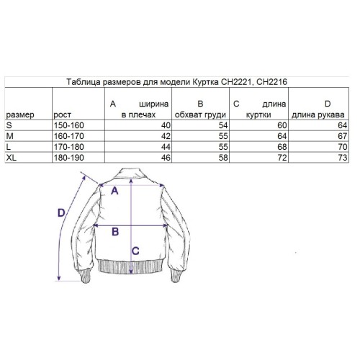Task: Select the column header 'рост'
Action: pos(63,114)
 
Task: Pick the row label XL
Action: pos(11,156)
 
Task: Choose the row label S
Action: pos(8,125)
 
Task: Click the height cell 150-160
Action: pos(69,125)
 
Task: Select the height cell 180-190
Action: pos(69,156)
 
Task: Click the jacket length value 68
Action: pos(283,145)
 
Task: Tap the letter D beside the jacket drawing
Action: pos(62,213)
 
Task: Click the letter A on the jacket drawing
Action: pos(115,191)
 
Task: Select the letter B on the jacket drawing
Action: pos(114,232)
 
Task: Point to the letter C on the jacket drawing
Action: pos(136,250)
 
